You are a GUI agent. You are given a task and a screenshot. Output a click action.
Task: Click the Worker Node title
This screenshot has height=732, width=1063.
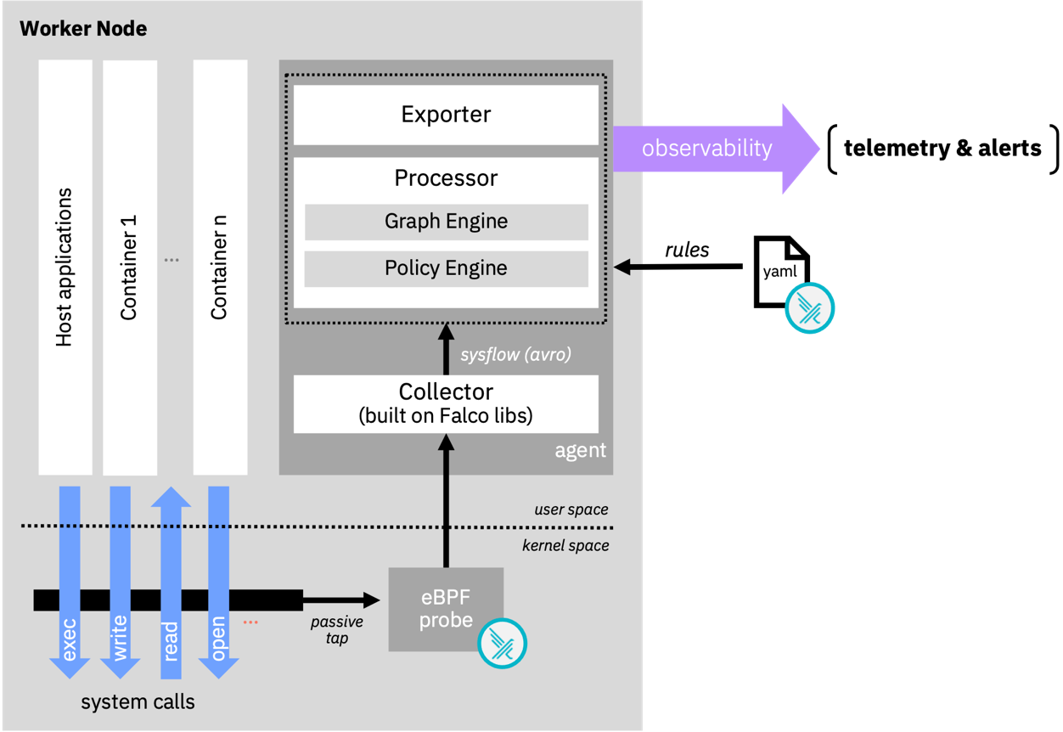pos(83,29)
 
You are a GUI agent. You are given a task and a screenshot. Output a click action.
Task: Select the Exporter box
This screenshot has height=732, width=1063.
pos(446,115)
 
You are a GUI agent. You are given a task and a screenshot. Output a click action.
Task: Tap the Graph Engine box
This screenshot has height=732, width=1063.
pos(446,222)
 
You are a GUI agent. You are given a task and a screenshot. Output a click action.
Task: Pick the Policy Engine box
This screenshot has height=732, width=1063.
pos(446,268)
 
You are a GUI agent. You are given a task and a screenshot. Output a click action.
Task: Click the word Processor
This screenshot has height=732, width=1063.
pos(446,178)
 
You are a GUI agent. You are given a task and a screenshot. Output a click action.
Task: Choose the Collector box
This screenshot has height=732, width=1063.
pos(446,403)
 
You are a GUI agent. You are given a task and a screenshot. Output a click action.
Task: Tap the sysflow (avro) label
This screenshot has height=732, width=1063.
pos(515,355)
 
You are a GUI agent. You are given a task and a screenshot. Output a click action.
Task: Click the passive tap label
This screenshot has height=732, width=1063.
pos(337,630)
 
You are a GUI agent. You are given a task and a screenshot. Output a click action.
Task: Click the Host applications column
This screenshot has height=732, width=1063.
pos(65,267)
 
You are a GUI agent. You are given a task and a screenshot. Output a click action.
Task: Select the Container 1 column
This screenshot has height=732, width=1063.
pos(129,267)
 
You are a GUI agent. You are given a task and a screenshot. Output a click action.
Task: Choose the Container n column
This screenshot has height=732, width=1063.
pos(220,267)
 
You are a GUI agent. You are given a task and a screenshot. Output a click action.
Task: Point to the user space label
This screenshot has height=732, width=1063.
pos(571,510)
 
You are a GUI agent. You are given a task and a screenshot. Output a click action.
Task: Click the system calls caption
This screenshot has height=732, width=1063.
pos(138,702)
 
